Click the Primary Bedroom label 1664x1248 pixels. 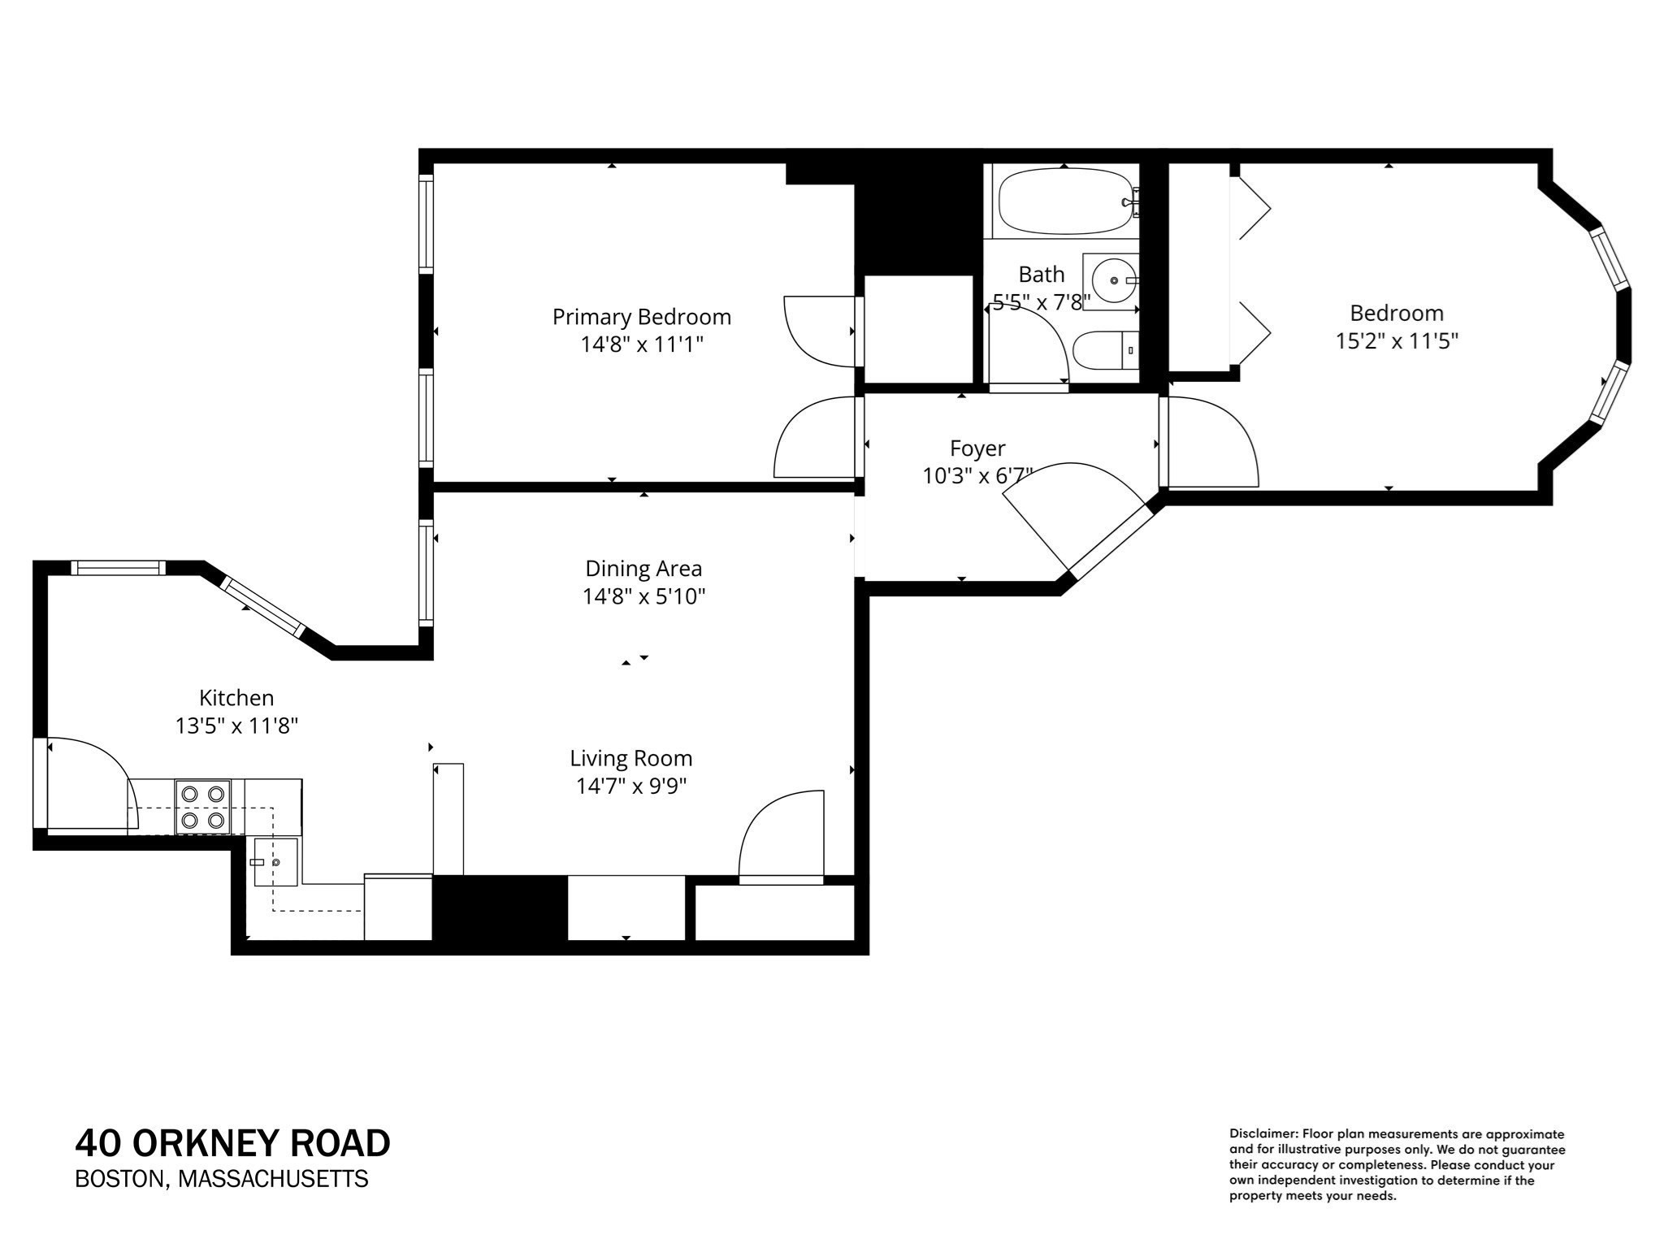click(641, 317)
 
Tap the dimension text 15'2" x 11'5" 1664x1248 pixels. click(1397, 340)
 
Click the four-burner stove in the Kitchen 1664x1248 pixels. click(203, 807)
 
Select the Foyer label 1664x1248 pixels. click(977, 448)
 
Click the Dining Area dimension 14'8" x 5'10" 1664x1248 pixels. click(643, 596)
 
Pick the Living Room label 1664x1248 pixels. click(630, 758)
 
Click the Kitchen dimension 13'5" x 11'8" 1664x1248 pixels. click(236, 726)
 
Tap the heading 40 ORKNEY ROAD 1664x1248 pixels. click(232, 1143)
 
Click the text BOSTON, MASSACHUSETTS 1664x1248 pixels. click(221, 1179)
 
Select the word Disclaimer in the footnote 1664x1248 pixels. click(1263, 1133)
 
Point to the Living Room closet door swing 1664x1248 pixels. click(780, 837)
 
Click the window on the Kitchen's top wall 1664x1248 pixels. click(117, 568)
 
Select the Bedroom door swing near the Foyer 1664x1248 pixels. click(1211, 443)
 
